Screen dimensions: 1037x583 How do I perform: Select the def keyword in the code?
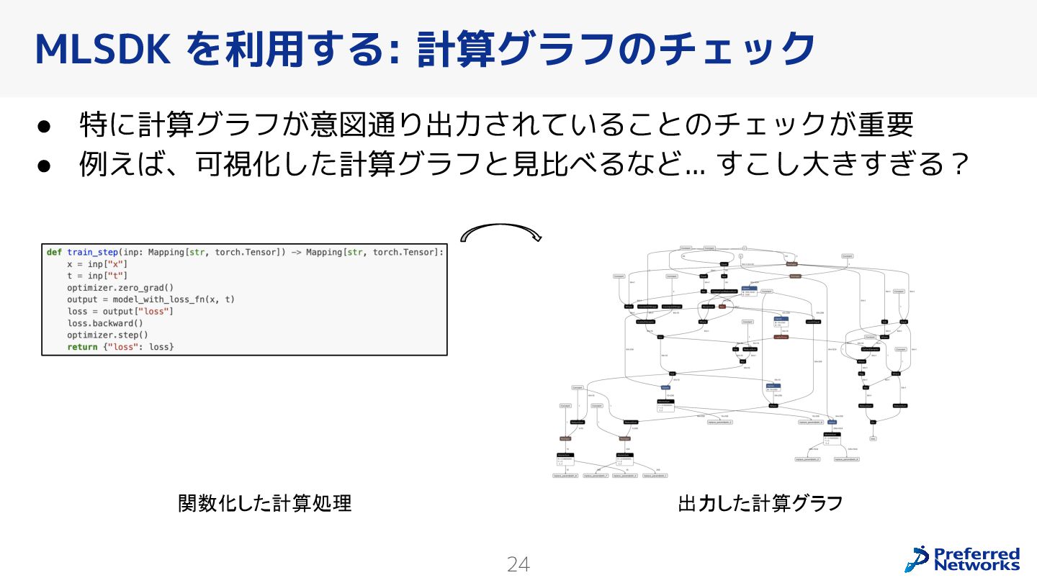(54, 252)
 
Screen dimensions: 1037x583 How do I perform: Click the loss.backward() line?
(105, 323)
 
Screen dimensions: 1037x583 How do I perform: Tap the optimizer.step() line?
(108, 335)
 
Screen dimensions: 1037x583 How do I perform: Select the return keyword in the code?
(82, 347)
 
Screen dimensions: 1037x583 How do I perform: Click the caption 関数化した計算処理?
(265, 503)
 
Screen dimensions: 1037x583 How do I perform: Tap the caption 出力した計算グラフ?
(760, 503)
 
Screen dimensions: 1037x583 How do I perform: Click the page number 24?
(518, 565)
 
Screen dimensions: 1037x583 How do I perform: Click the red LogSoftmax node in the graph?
(781, 336)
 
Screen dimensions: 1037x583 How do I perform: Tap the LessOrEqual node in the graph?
(813, 322)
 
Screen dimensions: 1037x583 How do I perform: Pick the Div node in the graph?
(873, 422)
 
